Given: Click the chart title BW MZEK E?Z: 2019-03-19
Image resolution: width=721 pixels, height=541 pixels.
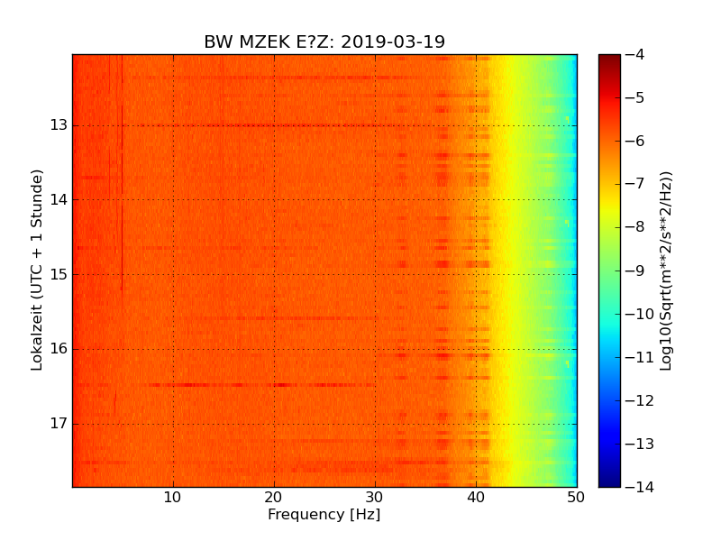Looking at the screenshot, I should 324,42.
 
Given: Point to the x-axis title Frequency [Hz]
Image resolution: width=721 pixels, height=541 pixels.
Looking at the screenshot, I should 324,515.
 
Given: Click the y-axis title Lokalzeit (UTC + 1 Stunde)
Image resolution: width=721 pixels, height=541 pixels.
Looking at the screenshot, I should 37,270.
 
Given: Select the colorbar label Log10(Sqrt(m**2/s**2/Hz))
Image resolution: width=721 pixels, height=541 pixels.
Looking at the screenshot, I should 667,270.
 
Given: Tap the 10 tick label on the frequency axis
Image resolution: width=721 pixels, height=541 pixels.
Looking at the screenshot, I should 173,497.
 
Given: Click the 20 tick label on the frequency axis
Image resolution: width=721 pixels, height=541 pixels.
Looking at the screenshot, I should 274,497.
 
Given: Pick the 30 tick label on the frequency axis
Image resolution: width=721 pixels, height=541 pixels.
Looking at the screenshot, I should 375,497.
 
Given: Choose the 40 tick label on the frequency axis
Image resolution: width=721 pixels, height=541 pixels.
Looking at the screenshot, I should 476,497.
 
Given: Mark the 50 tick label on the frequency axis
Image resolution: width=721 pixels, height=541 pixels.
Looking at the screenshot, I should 577,497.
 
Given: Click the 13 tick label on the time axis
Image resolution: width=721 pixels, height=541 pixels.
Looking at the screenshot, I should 59,125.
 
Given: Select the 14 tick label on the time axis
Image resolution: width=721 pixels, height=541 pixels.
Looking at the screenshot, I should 59,200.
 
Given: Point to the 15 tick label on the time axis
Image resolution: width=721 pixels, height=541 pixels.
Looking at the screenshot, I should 59,274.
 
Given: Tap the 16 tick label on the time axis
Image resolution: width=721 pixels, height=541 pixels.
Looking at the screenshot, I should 59,349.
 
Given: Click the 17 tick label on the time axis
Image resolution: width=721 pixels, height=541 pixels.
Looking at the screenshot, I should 59,424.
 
